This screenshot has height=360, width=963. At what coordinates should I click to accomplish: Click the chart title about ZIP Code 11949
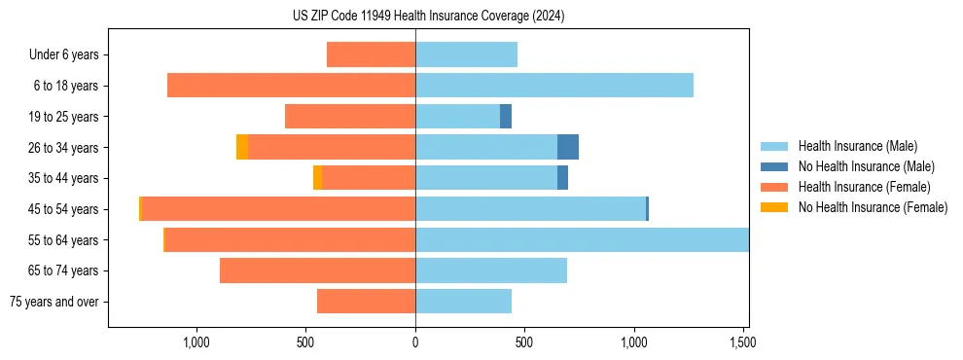[x=428, y=16]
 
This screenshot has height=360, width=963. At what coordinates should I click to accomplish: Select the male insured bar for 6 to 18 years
[x=554, y=86]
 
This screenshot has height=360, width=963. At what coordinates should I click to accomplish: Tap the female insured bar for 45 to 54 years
[x=278, y=209]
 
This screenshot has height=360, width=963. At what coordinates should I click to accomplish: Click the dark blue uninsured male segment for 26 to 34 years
[x=568, y=147]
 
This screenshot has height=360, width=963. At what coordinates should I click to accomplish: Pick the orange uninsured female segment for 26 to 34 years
[x=242, y=147]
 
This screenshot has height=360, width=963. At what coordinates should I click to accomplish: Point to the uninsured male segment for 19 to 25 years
[x=506, y=117]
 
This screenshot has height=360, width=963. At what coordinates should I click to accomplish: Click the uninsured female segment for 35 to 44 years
[x=318, y=178]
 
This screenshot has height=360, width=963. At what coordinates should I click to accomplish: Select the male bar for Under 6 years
[x=466, y=54]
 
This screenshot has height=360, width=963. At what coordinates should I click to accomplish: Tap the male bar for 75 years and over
[x=463, y=302]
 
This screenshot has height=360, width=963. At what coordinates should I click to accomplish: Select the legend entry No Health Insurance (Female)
[x=873, y=207]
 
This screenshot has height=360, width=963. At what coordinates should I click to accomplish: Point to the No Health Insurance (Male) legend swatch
[x=774, y=166]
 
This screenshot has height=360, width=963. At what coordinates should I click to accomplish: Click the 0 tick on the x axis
[x=415, y=342]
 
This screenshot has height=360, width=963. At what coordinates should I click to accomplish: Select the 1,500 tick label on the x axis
[x=742, y=342]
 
